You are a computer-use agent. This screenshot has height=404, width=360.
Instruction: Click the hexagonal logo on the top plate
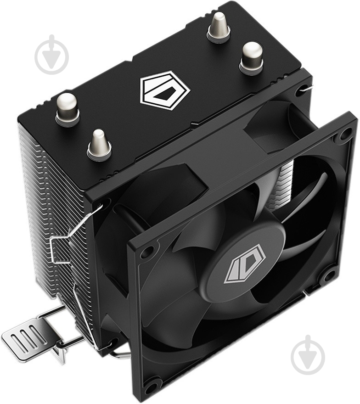pos(164,90)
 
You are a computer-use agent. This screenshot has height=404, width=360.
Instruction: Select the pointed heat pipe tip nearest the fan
pos(99,144)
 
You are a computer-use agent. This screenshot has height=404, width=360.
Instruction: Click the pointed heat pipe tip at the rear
pos(219,27)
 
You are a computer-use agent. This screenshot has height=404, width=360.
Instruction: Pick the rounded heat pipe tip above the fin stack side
pos(67,107)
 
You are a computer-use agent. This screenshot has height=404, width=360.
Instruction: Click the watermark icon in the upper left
pos(52,54)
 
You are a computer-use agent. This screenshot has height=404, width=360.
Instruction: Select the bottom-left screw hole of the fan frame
pos(151,386)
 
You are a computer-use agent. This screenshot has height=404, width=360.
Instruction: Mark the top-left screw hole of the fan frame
pos(147,252)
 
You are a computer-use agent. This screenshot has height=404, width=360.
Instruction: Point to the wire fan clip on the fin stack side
pos(64,243)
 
